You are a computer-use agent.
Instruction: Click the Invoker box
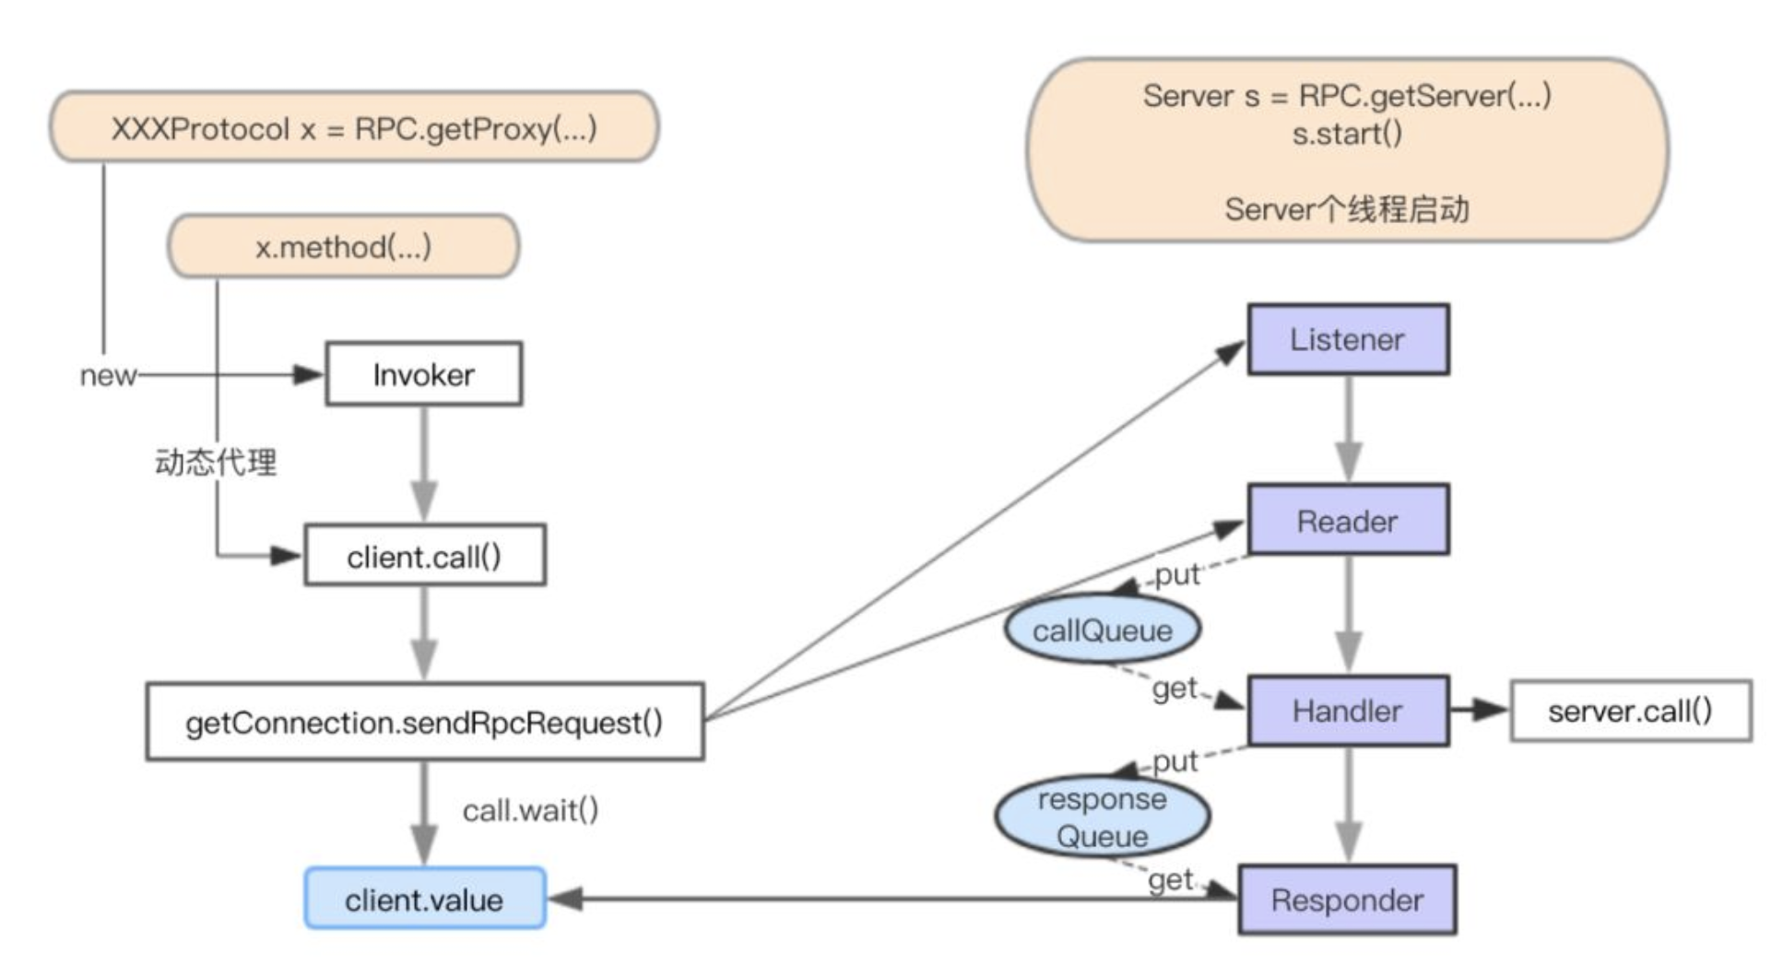423,374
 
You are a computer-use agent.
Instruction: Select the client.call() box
424,556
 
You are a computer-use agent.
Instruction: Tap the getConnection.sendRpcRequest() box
424,722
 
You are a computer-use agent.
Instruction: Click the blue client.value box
424,899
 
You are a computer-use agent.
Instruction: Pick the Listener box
1347,339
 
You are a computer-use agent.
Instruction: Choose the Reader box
1347,521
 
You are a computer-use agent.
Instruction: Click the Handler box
1347,711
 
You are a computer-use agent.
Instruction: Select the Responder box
1347,900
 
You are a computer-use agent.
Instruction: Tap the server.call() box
1630,711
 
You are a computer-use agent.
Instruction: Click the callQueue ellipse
1102,630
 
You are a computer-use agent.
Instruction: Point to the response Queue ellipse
1102,817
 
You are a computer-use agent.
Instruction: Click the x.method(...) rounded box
343,247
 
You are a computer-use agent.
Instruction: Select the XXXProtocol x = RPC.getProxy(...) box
354,127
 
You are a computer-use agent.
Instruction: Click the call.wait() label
530,810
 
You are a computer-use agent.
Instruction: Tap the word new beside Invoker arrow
108,375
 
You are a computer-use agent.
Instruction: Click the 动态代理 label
215,462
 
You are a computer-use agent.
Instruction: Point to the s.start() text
1346,134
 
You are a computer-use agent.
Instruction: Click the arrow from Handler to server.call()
1479,710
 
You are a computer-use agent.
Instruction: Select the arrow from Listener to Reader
1349,430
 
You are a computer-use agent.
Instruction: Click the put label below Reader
1176,574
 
